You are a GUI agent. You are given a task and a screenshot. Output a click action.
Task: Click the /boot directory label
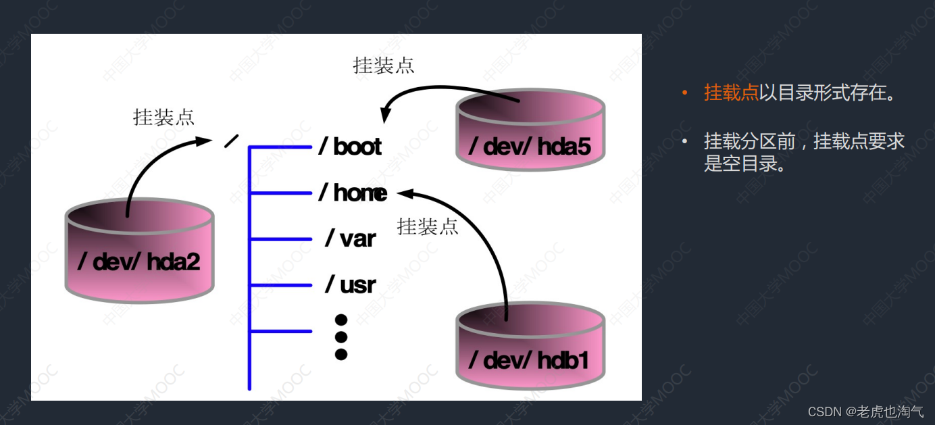pyautogui.click(x=350, y=147)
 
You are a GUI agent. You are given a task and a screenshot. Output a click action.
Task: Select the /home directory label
pyautogui.click(x=353, y=193)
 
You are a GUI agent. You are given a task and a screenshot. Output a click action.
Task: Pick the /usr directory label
pyautogui.click(x=350, y=284)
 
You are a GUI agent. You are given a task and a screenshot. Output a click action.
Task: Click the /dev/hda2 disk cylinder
pyautogui.click(x=139, y=251)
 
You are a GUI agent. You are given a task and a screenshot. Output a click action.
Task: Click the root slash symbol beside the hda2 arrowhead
pyautogui.click(x=231, y=141)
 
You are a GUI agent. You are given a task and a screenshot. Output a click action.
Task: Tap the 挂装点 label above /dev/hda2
pyautogui.click(x=164, y=117)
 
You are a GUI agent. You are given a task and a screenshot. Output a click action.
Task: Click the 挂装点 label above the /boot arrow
pyautogui.click(x=384, y=66)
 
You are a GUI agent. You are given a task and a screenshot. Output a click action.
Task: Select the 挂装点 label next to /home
pyautogui.click(x=428, y=226)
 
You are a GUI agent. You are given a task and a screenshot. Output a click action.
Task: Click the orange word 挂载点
pyautogui.click(x=731, y=93)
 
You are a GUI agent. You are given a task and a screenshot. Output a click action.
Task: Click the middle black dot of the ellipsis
pyautogui.click(x=341, y=336)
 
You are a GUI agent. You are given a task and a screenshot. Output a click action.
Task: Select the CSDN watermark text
pyautogui.click(x=865, y=411)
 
